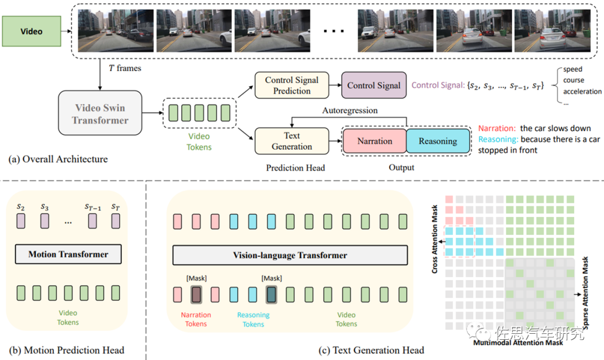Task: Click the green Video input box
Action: [31, 31]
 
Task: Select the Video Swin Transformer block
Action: [100, 115]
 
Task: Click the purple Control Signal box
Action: [374, 86]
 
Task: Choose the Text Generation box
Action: [291, 141]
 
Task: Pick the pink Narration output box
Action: [374, 141]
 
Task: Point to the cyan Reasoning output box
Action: [437, 141]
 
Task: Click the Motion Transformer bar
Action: [68, 254]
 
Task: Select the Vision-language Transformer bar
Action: [290, 255]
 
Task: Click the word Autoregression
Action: [350, 111]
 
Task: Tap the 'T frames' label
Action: [125, 68]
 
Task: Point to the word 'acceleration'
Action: [582, 92]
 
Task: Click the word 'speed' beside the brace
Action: [573, 69]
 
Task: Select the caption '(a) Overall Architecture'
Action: [58, 159]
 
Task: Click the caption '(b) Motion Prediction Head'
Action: [65, 350]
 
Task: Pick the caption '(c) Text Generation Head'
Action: [371, 350]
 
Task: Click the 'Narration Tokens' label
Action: [196, 319]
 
